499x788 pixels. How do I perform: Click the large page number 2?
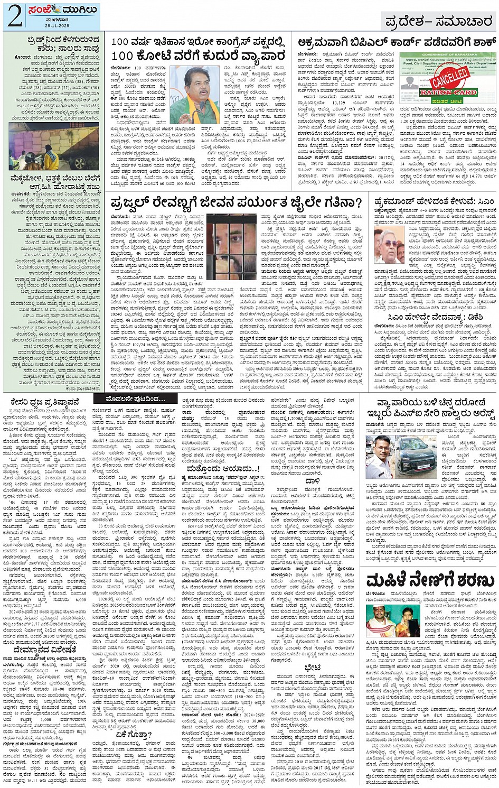click(x=14, y=16)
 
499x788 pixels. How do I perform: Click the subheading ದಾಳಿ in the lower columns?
click(x=313, y=481)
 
